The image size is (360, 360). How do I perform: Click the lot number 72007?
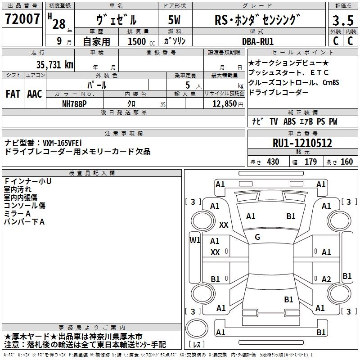(22, 19)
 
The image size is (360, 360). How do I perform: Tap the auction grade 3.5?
(343, 20)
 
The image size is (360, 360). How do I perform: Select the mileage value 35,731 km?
(54, 65)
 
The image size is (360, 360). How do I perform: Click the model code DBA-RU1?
(258, 41)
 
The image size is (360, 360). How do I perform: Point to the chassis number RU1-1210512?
(302, 143)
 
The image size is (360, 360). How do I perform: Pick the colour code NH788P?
(74, 104)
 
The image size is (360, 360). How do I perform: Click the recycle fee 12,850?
(224, 104)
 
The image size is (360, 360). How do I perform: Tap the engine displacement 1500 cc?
(141, 41)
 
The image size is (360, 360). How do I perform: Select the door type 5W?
(174, 20)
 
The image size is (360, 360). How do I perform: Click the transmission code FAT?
(13, 94)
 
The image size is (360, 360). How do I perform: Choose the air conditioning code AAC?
(35, 94)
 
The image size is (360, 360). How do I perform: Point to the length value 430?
(273, 162)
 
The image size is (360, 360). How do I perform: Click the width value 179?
(310, 162)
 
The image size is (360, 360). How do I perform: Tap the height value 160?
(346, 162)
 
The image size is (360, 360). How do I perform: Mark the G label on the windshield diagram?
(257, 237)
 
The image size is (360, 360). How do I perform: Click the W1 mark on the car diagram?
(195, 240)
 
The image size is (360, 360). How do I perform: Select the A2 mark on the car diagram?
(326, 279)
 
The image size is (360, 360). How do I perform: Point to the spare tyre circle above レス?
(197, 328)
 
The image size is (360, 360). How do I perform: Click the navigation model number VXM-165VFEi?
(62, 143)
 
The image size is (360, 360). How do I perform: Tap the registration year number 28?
(59, 24)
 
